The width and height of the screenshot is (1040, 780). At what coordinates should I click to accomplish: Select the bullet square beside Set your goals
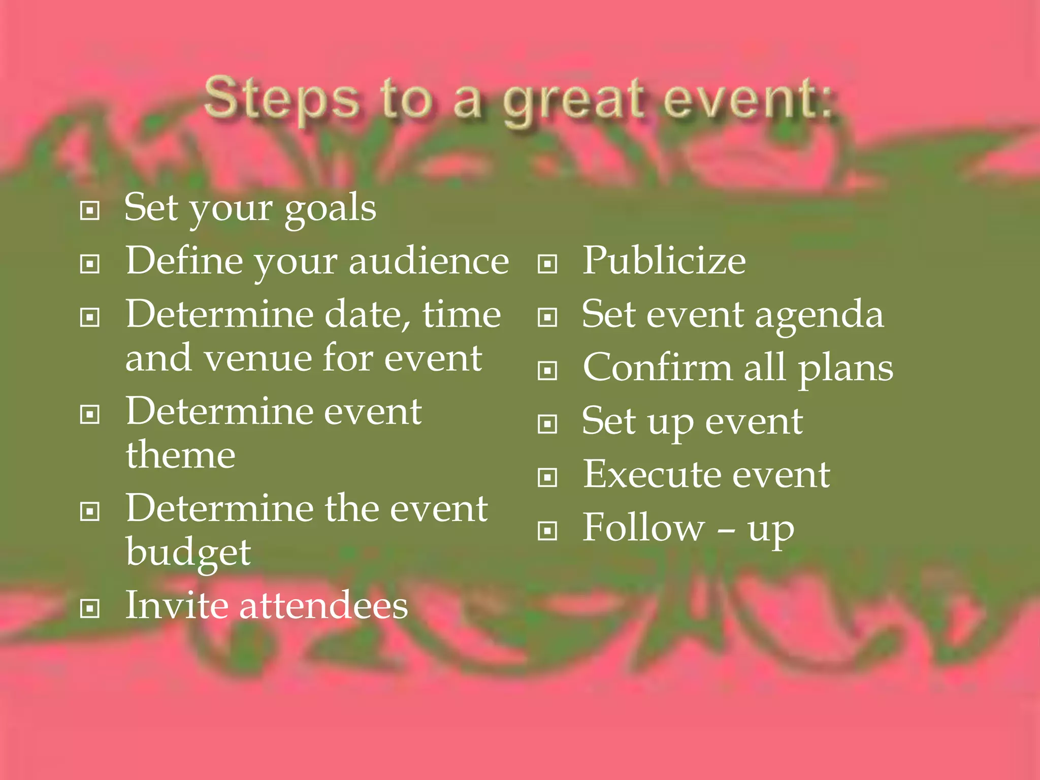pos(90,210)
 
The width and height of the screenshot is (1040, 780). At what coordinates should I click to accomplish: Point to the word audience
pos(429,261)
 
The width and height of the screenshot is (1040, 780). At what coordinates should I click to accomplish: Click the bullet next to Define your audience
pos(90,264)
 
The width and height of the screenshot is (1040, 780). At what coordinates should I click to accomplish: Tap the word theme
pos(181,454)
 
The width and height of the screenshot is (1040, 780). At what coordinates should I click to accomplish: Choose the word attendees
pos(323,605)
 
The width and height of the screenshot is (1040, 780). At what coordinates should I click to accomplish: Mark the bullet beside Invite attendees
pos(90,608)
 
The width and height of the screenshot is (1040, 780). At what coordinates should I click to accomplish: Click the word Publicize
pos(664,261)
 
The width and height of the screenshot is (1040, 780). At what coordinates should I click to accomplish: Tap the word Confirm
pos(658,367)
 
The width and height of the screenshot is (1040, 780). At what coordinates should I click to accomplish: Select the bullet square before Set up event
pos(547,424)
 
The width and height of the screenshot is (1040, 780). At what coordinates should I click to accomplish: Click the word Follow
pos(643,528)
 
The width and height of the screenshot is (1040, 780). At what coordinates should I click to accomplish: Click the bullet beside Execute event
pos(547,477)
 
